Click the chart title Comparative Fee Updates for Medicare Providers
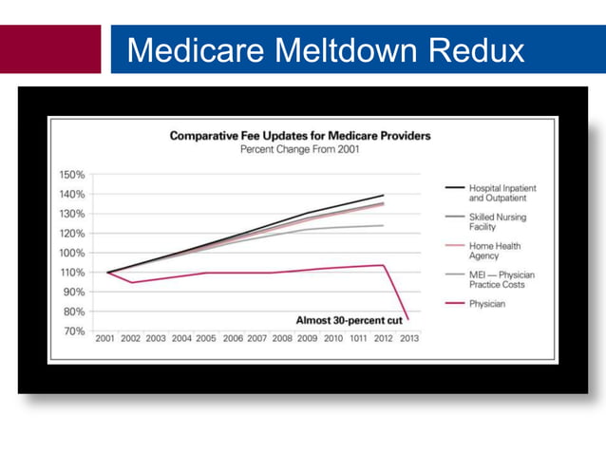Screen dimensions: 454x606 [x=299, y=136]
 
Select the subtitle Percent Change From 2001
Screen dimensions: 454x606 [x=299, y=150]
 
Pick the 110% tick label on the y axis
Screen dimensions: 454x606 [x=73, y=273]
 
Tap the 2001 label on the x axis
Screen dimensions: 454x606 [x=106, y=338]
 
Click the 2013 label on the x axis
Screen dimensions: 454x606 [x=409, y=338]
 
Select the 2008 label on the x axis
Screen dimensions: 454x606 [x=282, y=338]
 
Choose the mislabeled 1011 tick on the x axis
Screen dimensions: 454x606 [x=358, y=338]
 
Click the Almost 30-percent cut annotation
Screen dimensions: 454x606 [x=349, y=320]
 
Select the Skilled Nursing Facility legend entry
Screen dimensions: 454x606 [x=497, y=222]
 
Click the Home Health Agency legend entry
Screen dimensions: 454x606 [x=495, y=252]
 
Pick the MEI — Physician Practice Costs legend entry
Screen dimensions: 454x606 [x=501, y=280]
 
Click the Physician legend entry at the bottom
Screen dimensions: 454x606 [x=487, y=304]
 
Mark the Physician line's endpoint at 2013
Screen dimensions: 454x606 [x=408, y=320]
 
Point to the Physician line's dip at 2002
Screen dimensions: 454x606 [x=132, y=282]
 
